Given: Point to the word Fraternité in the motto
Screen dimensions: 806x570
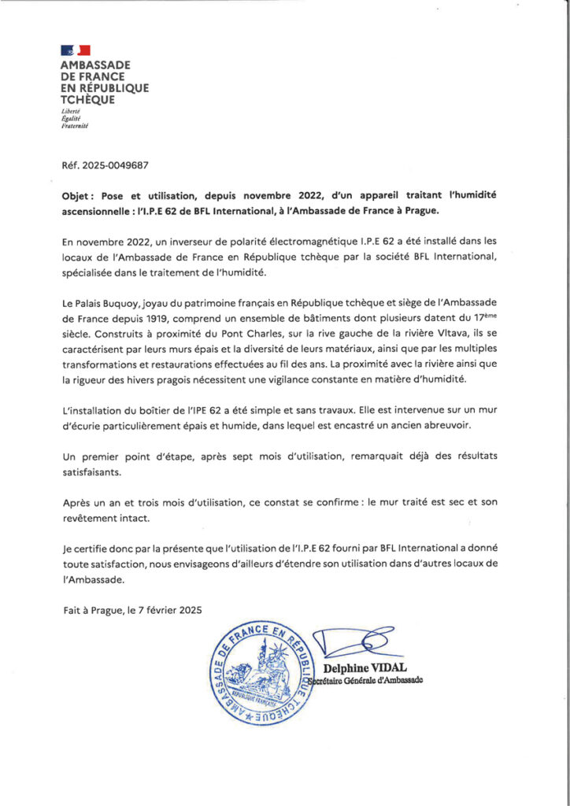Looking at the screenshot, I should [75, 126].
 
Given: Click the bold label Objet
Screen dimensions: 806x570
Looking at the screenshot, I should [76, 194].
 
